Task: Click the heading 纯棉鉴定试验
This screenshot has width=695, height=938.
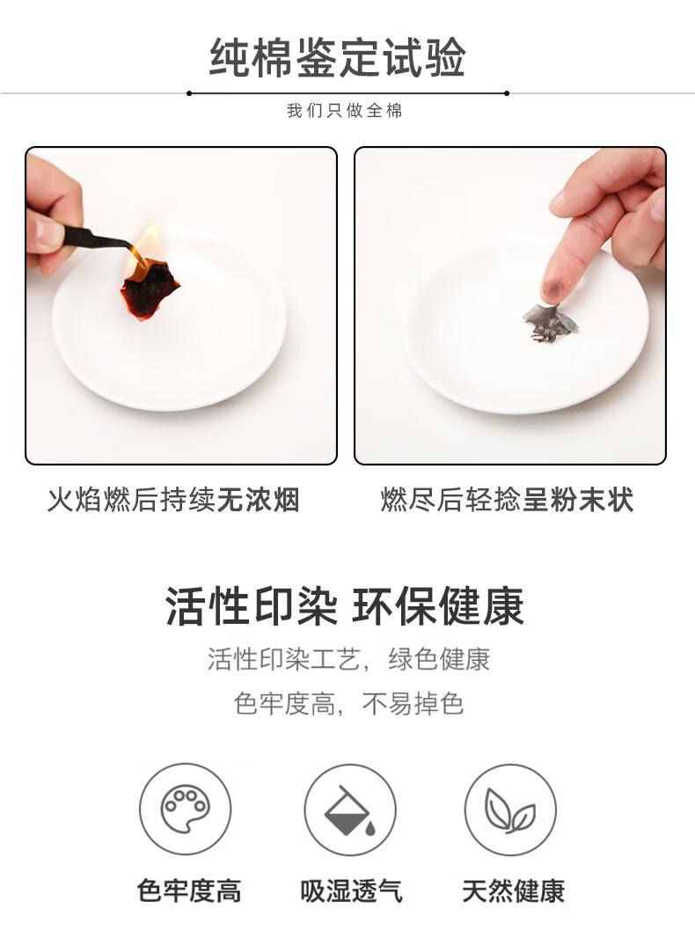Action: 337,58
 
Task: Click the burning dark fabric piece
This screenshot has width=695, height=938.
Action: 148,286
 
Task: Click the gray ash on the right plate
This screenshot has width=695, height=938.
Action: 549,320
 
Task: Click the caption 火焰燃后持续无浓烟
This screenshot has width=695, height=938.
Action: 173,500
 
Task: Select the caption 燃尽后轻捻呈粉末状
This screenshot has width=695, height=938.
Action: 507,500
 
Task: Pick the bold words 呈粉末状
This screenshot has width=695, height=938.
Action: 578,500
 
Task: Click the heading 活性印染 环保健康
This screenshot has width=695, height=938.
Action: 345,606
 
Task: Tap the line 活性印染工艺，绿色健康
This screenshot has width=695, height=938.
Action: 348,659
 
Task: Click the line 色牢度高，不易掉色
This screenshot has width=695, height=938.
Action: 348,704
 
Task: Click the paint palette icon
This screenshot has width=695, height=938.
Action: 185,809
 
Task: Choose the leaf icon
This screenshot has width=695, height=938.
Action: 510,809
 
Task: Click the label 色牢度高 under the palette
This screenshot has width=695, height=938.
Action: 189,890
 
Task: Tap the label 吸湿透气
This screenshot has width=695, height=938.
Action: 351,890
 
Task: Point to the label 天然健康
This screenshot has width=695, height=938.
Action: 513,890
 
